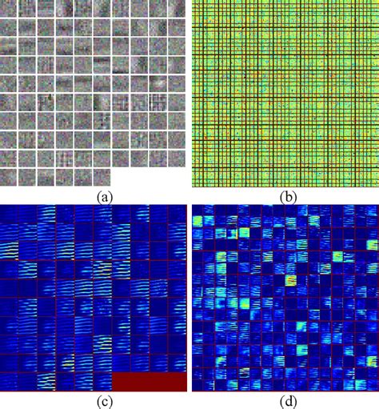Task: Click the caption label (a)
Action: click(94, 194)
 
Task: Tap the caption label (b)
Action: click(284, 194)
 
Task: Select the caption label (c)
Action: click(94, 401)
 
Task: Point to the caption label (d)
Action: click(284, 401)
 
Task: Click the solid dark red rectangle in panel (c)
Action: click(148, 382)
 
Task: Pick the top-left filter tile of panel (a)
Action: click(10, 9)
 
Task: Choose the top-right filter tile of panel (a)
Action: click(178, 9)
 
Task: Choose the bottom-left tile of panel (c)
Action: click(10, 382)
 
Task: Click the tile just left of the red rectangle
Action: click(102, 382)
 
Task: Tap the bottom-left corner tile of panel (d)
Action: click(201, 383)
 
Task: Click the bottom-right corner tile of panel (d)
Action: click(368, 383)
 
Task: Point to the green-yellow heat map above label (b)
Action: click(284, 94)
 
